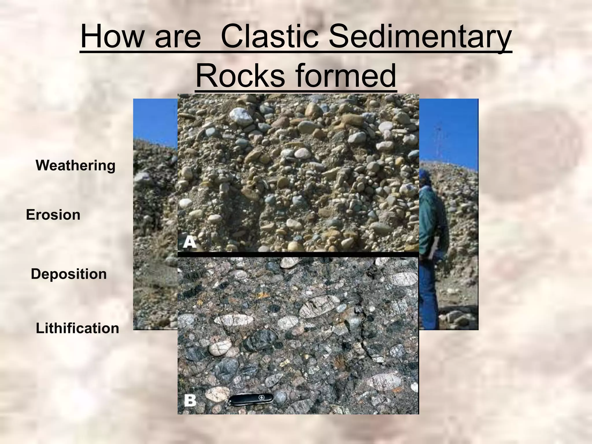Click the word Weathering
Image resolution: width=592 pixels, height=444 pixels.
(x=75, y=166)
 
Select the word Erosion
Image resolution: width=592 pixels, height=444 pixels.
(x=53, y=215)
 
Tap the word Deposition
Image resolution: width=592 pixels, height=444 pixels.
(x=69, y=274)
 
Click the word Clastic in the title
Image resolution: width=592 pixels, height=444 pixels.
(x=270, y=38)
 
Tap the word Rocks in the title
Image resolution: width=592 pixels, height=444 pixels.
(x=240, y=76)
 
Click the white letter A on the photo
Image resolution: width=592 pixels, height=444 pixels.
(x=190, y=242)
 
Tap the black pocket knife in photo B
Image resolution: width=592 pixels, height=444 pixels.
(x=251, y=399)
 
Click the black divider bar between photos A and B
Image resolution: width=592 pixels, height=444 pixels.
(x=298, y=254)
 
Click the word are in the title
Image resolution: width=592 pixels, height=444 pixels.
(x=177, y=38)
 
